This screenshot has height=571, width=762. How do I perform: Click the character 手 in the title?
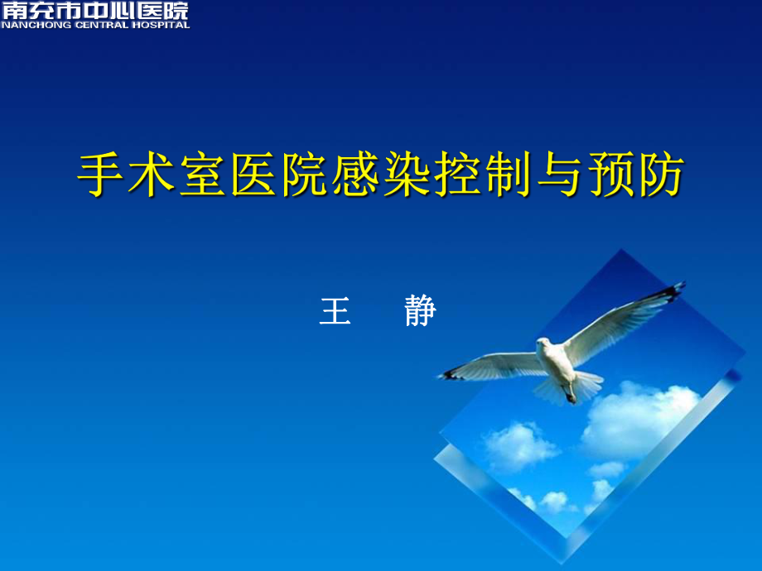pos(103,175)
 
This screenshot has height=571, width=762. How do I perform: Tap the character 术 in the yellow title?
pos(154,175)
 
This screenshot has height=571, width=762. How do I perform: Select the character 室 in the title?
pos(205,175)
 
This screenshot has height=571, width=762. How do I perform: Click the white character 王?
pos(335,311)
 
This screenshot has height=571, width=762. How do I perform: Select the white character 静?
pos(421,311)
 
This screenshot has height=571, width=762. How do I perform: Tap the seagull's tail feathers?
pos(584,385)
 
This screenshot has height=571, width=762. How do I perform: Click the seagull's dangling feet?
pos(570,396)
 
